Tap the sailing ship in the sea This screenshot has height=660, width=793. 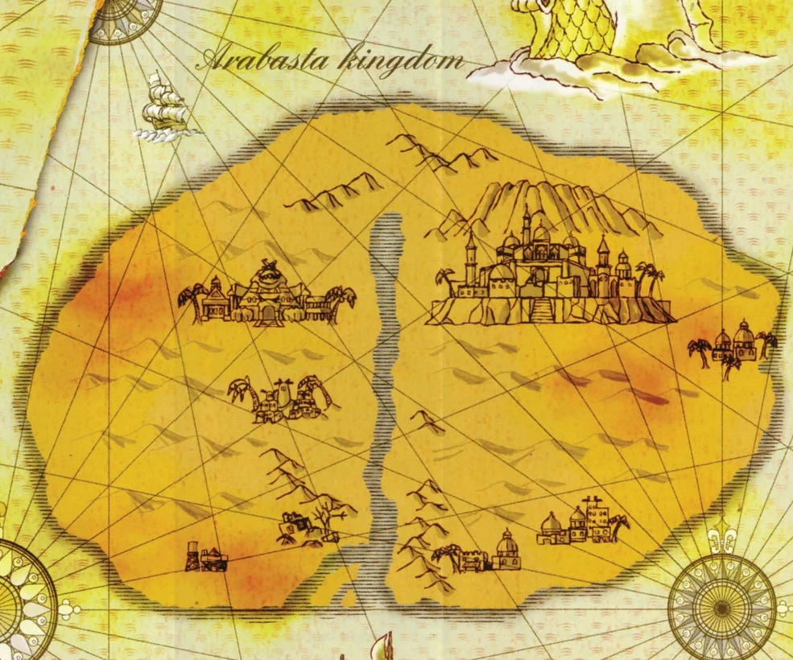(166, 109)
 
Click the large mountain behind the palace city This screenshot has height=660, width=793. (556, 205)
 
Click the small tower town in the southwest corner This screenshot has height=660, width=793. (201, 555)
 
